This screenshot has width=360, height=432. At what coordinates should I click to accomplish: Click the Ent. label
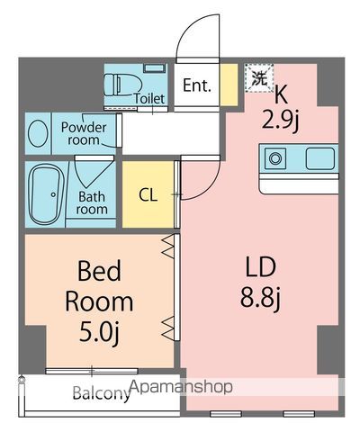(x=196, y=86)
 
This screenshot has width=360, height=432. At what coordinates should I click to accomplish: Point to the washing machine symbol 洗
(x=258, y=77)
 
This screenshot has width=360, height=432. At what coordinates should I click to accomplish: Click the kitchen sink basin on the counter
(x=320, y=159)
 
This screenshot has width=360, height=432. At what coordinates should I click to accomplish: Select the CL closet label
(x=149, y=194)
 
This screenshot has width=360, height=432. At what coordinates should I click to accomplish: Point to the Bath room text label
(x=93, y=202)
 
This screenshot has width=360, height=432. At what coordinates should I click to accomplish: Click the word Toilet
(x=148, y=99)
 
